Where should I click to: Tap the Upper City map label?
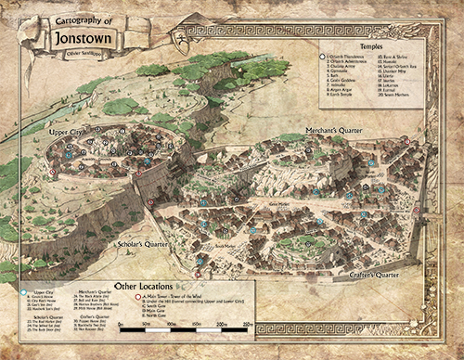[x=68, y=135]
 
